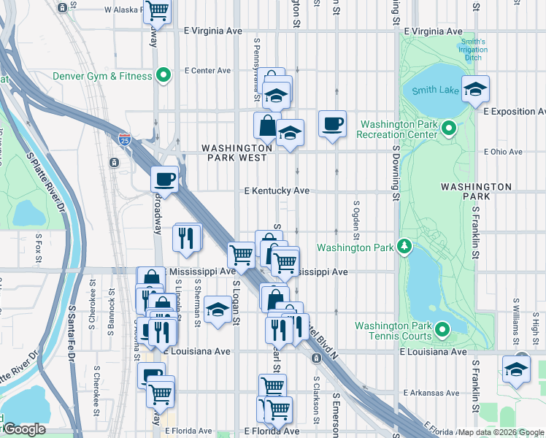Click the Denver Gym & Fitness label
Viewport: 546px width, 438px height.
[x=102, y=76]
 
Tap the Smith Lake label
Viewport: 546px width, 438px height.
[x=434, y=91]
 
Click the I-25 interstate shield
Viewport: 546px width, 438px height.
[x=125, y=137]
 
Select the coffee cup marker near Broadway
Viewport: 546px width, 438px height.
[x=165, y=179]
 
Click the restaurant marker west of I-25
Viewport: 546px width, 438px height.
[x=187, y=237]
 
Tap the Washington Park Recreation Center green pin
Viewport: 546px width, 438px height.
[x=448, y=129]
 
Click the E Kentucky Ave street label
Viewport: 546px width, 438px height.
[x=277, y=191]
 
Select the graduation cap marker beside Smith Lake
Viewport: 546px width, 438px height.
[x=476, y=89]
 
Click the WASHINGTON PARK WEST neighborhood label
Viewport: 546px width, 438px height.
[x=237, y=152]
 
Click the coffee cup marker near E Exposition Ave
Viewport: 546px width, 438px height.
[x=333, y=124]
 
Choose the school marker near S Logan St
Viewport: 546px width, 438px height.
[x=218, y=310]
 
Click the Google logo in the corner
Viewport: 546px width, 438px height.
[x=24, y=429]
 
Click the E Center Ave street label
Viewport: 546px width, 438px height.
[x=207, y=71]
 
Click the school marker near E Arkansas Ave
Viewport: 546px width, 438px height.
[x=516, y=369]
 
